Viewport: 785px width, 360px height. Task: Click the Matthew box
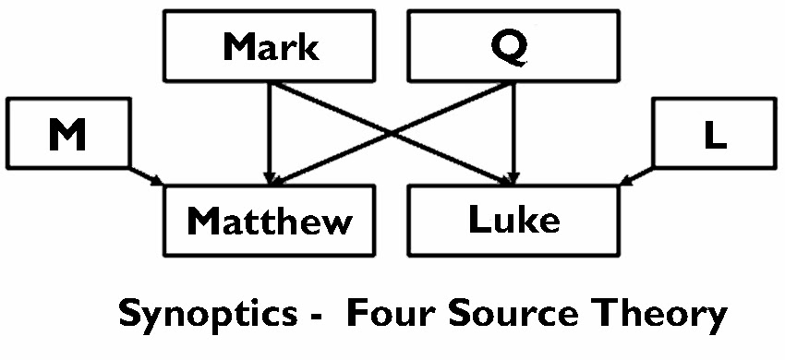click(x=270, y=220)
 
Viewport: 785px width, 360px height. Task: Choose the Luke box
click(x=513, y=220)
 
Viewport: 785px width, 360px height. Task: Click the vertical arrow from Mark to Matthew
click(x=270, y=129)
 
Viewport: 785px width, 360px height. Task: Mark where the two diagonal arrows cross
click(x=391, y=132)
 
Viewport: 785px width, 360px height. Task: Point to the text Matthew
click(x=270, y=221)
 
